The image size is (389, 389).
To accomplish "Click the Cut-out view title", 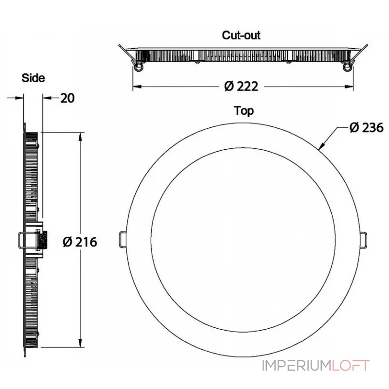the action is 241,35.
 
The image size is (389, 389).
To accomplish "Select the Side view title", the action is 33,78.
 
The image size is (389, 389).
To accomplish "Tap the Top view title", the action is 244,111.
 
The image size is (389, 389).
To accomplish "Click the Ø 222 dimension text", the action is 241,87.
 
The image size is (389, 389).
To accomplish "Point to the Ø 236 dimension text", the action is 366,128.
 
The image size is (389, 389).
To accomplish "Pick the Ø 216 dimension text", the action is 80,242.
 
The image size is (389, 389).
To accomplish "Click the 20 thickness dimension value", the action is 68,98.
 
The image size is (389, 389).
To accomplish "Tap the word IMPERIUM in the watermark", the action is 297,366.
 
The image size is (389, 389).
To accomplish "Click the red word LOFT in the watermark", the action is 351,366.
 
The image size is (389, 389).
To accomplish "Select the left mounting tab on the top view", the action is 123,239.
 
